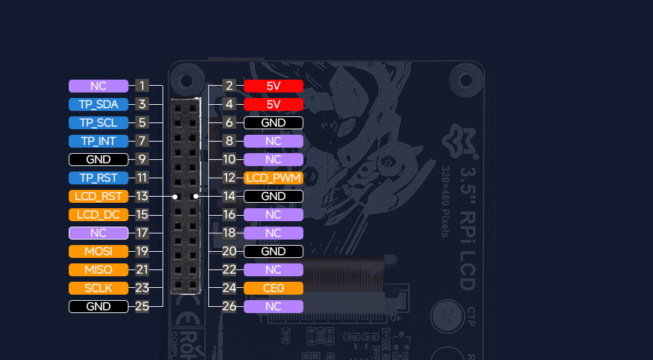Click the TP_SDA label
click(99, 104)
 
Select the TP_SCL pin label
click(99, 122)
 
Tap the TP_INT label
click(99, 141)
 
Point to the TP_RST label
click(99, 178)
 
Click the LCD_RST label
click(99, 196)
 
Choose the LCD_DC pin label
click(99, 214)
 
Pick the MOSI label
click(99, 251)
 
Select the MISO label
click(99, 269)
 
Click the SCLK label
click(99, 288)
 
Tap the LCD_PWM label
click(273, 178)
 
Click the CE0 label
click(273, 288)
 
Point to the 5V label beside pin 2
click(273, 86)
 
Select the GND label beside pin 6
click(273, 122)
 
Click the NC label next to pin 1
click(99, 86)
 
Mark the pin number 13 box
click(141, 196)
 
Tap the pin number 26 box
click(229, 306)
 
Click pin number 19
click(141, 251)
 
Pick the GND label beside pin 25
click(99, 306)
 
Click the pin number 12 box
click(229, 178)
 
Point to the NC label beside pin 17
click(99, 233)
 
